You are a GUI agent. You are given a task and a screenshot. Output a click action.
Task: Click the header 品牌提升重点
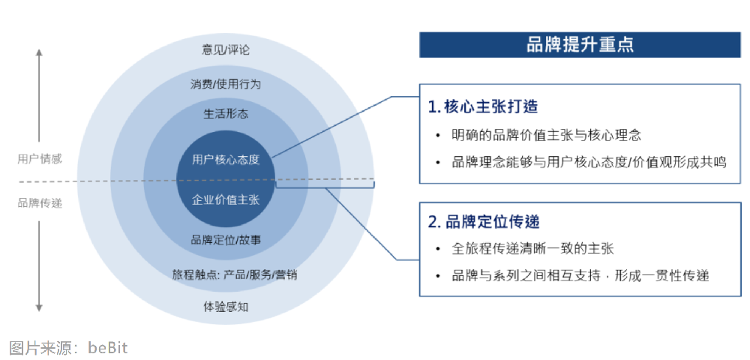tap(580, 45)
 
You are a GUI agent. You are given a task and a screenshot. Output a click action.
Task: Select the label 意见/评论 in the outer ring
tap(226, 50)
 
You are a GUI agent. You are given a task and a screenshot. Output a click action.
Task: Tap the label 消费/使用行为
tap(226, 84)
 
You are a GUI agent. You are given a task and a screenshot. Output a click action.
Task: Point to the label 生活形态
tap(226, 115)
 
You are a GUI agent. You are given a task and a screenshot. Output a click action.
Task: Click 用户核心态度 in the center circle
tap(226, 159)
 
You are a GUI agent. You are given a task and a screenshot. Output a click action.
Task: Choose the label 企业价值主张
tap(226, 199)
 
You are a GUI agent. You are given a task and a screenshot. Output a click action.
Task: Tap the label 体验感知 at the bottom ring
tap(226, 306)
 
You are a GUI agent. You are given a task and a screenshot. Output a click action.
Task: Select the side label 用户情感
tap(40, 159)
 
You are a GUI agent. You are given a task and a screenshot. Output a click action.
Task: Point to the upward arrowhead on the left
tap(40, 53)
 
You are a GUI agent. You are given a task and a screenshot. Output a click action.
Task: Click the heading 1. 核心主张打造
tap(483, 106)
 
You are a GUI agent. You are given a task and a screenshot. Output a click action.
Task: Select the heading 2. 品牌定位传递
tap(484, 222)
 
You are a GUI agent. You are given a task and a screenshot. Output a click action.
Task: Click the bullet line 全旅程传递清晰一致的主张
tap(533, 248)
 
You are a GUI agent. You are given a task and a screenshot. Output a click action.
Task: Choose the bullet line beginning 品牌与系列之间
tap(580, 276)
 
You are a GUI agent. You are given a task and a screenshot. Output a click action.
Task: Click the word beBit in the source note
tap(108, 347)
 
